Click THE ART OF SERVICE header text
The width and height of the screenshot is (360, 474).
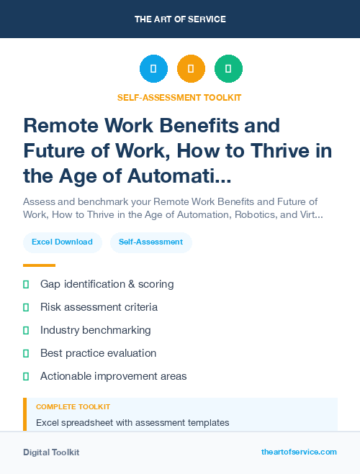(x=180, y=19)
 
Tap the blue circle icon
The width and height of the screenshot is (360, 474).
(x=153, y=69)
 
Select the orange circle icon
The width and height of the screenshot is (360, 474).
(x=191, y=69)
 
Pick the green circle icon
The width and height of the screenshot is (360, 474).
(x=228, y=69)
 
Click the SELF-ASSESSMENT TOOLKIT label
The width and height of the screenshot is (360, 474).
(x=180, y=97)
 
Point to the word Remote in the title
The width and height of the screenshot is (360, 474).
(x=60, y=126)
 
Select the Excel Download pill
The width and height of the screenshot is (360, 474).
(x=62, y=242)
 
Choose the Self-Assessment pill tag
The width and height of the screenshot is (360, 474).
(x=151, y=242)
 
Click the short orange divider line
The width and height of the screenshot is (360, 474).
(x=39, y=265)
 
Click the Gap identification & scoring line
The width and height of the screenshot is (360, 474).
(x=107, y=284)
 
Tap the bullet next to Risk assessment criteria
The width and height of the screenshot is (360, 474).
(x=26, y=307)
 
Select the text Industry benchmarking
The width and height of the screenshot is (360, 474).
(x=96, y=330)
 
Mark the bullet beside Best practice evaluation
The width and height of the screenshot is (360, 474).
(x=26, y=353)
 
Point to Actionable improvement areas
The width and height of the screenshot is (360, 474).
(x=113, y=376)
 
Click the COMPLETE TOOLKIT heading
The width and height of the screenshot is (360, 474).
(x=73, y=407)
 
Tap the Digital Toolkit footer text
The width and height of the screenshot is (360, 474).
(x=51, y=452)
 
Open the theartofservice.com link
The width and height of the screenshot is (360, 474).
(x=299, y=452)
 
